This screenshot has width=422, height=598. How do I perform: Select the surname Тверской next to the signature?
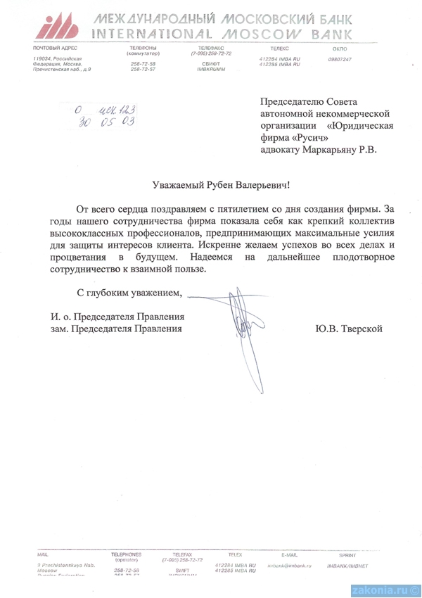(x=360, y=329)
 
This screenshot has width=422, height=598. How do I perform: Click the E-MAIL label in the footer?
(x=289, y=555)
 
